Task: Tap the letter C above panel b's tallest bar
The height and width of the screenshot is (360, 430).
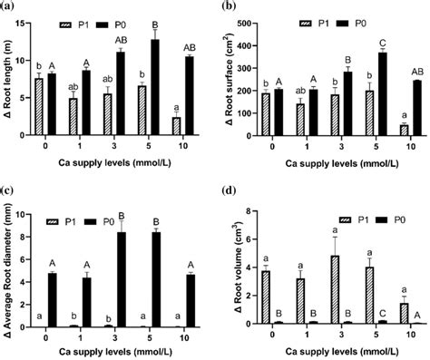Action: pos(371,41)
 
